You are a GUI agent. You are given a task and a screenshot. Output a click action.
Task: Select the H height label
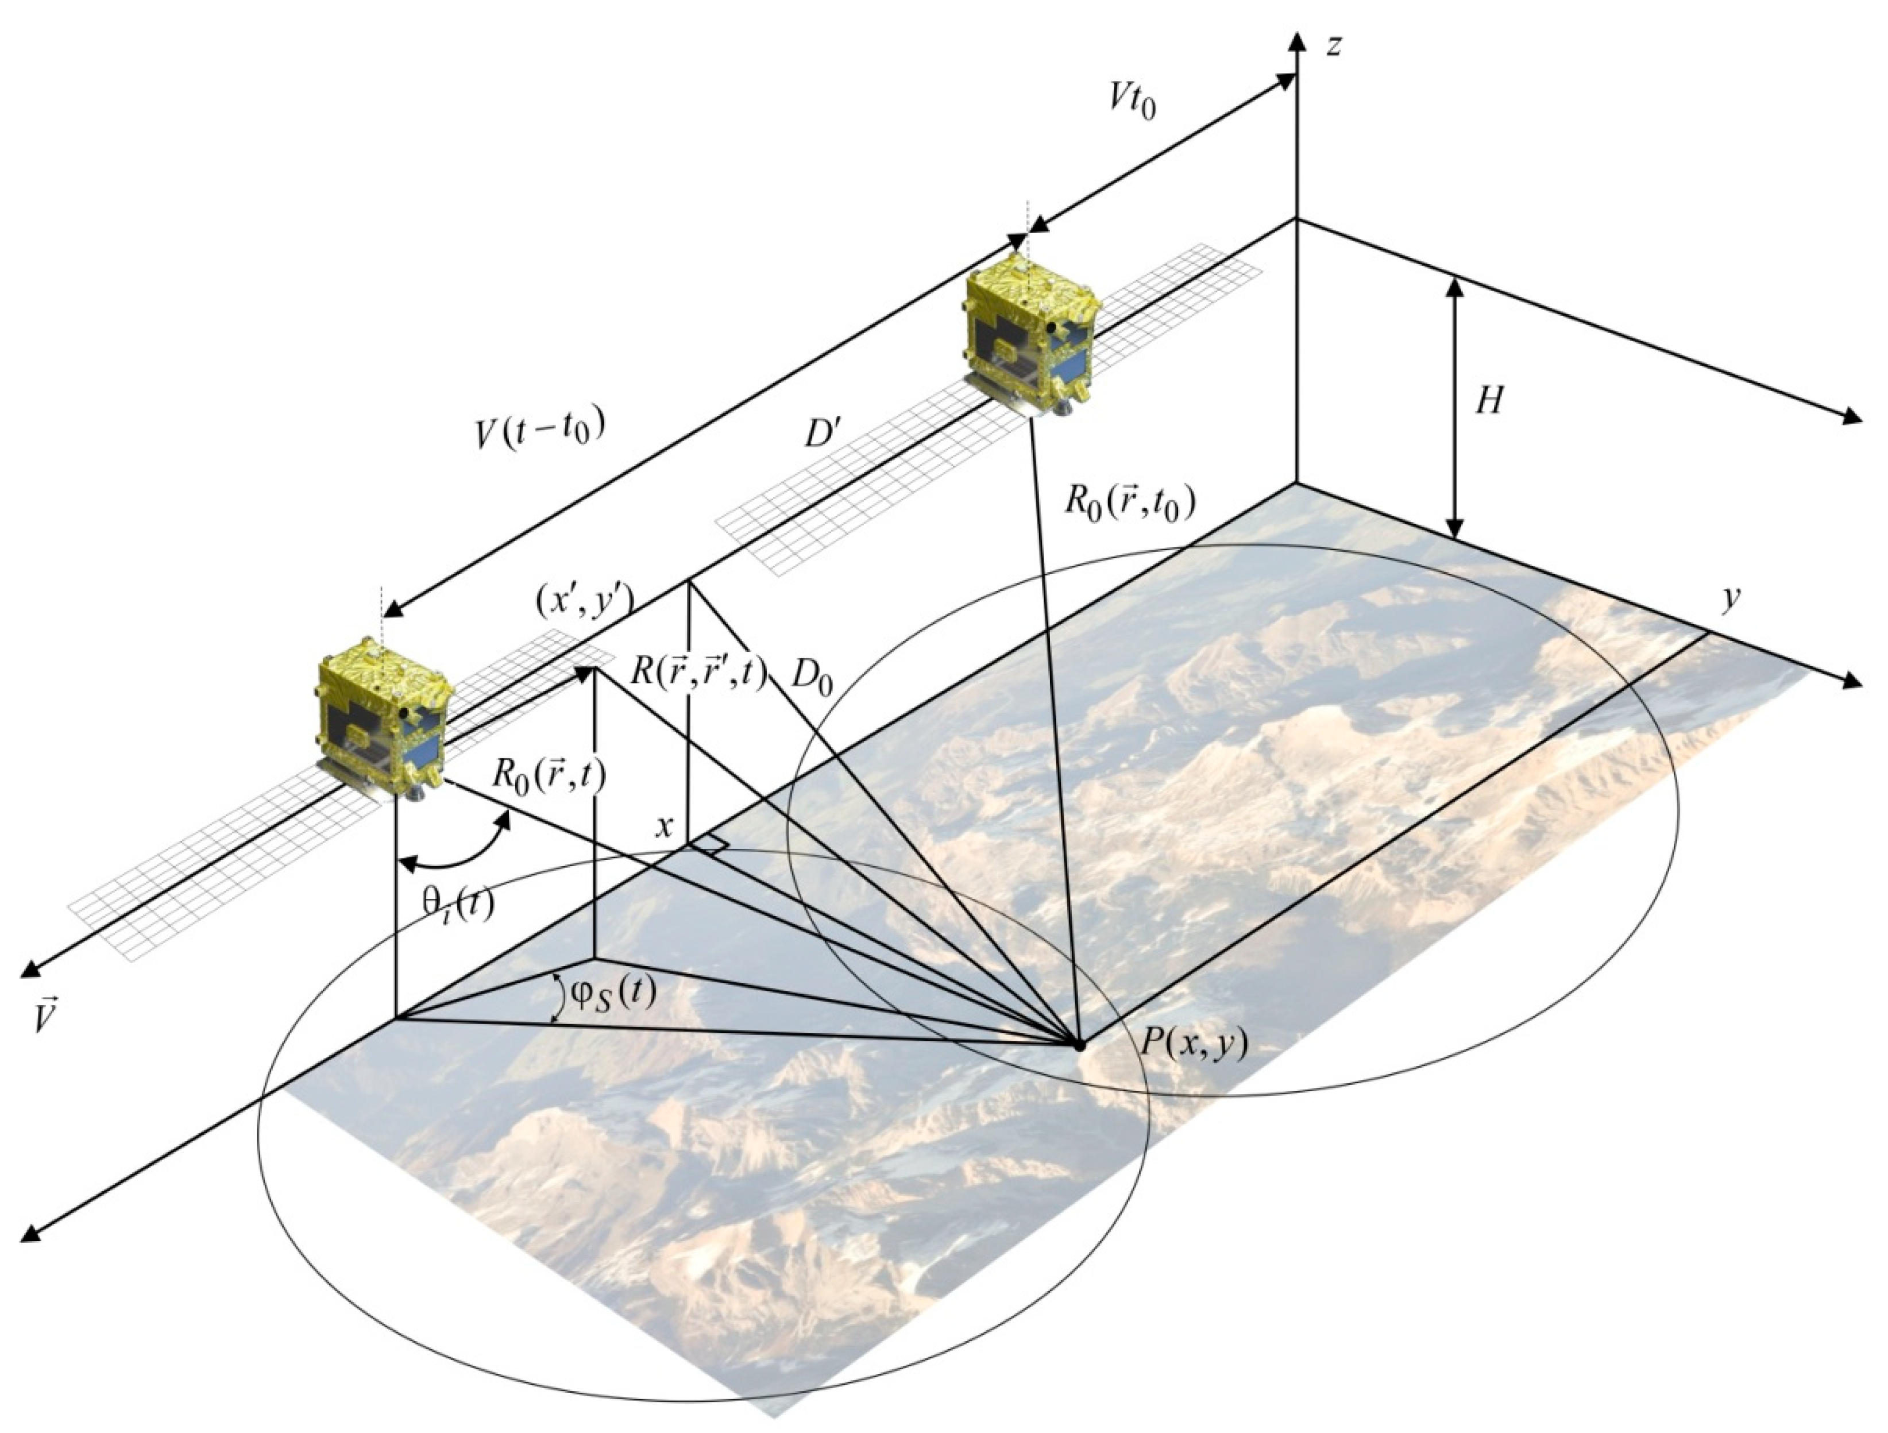[1489, 399]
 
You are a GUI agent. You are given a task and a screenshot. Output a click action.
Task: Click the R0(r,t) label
[549, 774]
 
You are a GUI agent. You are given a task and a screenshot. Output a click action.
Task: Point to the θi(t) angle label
[458, 905]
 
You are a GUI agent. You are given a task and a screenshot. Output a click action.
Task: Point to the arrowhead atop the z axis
[1298, 41]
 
